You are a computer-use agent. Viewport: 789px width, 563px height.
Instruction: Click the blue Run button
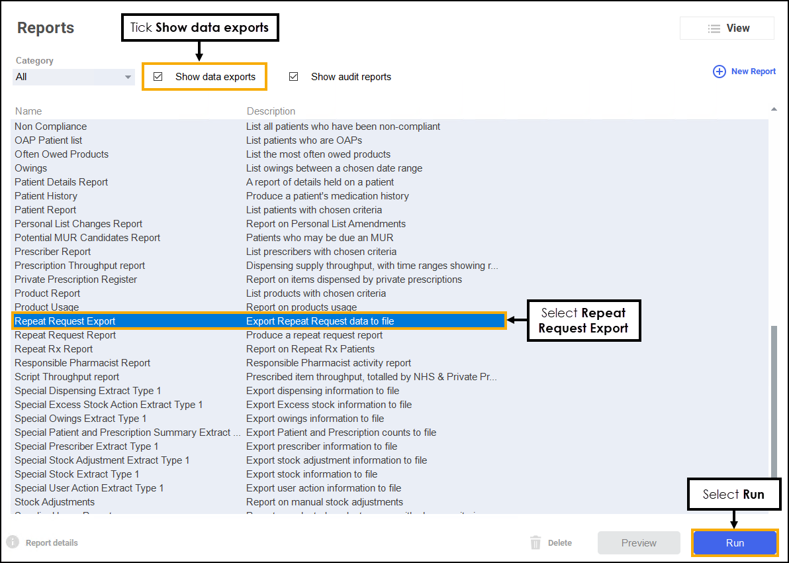coord(735,543)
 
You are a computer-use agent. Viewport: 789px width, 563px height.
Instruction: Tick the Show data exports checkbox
coord(158,77)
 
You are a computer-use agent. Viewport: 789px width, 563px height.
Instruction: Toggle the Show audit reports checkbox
coord(294,77)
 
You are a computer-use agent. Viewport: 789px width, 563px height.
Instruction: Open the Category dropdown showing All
coord(73,77)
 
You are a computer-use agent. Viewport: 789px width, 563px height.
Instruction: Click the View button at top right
coord(727,28)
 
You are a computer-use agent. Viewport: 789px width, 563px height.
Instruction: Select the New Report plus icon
coord(719,72)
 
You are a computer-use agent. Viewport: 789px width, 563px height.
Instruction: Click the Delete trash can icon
coord(535,543)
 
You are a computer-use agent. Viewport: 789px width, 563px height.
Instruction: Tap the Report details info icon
coord(13,542)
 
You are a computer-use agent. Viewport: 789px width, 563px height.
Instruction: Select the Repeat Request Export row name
coord(65,321)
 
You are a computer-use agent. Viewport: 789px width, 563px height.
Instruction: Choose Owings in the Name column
coord(31,168)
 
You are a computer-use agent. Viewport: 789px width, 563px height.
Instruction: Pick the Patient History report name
coord(46,196)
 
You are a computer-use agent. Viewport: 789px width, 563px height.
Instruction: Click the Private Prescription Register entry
coord(75,280)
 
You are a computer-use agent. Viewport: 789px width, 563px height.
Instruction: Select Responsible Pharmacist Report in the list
coord(82,363)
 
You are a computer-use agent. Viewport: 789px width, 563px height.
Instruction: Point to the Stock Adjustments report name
coord(54,502)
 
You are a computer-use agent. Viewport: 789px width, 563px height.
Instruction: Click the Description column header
coord(271,111)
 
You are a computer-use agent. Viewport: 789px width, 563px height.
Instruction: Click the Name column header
coord(28,111)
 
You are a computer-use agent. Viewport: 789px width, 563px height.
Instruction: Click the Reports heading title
coord(46,28)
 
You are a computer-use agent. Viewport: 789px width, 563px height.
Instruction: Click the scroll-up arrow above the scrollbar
coord(774,109)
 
